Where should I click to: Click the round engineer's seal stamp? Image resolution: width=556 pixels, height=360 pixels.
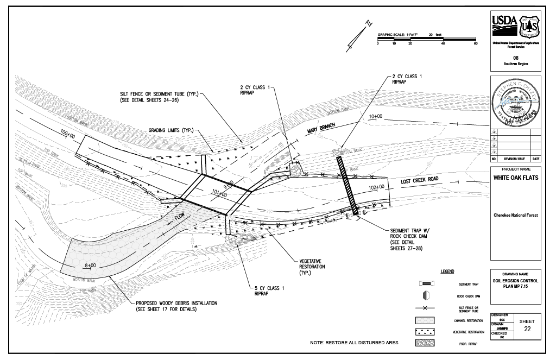point(516,102)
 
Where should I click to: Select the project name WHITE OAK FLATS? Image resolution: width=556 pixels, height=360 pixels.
point(515,177)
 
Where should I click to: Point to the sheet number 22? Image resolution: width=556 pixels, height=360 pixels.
point(527,329)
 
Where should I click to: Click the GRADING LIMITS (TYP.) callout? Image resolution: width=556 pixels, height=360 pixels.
point(171,130)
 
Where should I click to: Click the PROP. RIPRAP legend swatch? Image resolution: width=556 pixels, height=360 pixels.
point(426,343)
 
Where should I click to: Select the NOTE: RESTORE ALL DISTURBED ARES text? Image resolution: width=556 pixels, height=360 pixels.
point(354,343)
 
